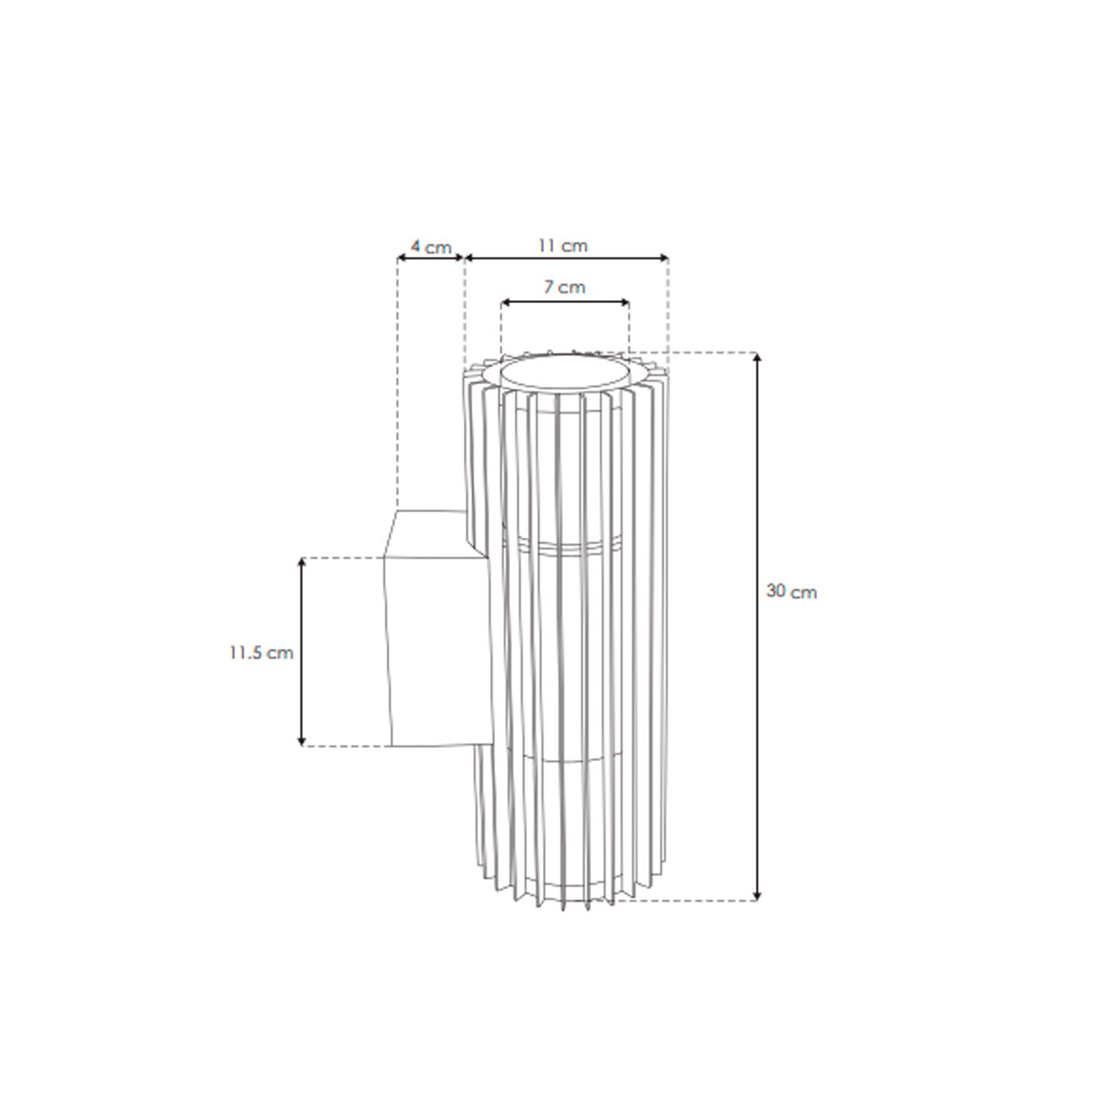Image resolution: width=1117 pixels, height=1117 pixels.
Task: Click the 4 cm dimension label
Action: tap(431, 246)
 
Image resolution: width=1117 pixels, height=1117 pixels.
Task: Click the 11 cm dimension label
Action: tap(563, 245)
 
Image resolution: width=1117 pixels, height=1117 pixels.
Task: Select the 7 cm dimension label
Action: tap(564, 287)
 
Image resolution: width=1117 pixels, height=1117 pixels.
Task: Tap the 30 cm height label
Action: tap(791, 592)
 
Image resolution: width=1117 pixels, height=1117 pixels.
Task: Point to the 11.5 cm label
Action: tap(261, 653)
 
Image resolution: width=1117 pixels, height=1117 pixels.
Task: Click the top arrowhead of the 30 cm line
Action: tap(758, 358)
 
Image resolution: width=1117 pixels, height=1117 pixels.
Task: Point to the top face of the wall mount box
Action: tap(428, 532)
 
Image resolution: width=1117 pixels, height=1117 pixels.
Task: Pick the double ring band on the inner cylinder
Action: tap(564, 548)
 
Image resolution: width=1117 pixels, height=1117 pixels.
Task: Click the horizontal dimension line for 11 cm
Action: tap(566, 258)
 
